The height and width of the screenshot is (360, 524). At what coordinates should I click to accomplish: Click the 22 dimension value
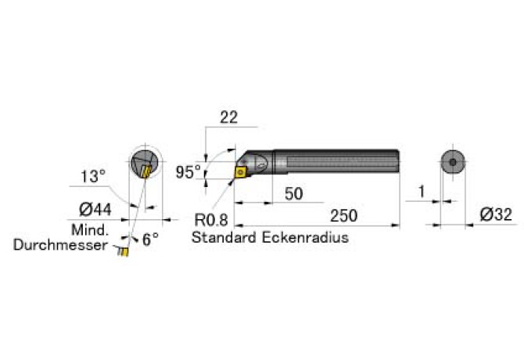(228, 117)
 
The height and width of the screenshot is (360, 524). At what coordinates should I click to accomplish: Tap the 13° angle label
(92, 176)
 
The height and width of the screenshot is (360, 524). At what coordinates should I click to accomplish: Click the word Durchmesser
(60, 245)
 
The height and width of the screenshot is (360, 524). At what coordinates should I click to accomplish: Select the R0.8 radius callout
(211, 221)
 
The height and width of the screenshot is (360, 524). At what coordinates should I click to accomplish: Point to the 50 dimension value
(293, 193)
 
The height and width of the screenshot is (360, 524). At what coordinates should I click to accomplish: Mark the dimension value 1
(422, 192)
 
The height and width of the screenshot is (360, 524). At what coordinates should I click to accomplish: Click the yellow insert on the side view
(242, 168)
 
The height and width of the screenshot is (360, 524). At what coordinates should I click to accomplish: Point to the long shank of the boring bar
(336, 162)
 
